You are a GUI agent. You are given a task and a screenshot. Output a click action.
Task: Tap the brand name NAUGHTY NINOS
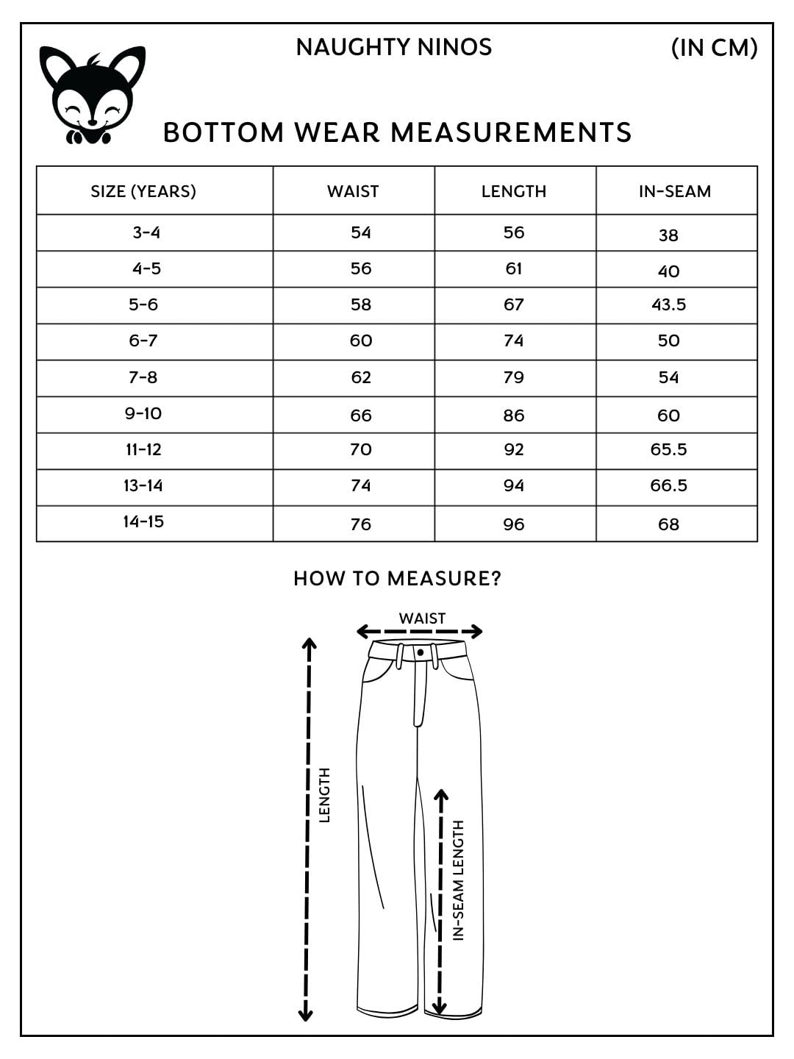point(393,47)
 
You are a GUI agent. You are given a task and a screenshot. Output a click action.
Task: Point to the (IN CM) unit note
point(714,48)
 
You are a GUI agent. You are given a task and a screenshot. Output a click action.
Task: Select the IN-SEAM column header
point(675,191)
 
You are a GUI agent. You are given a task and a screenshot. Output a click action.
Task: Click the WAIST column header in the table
point(353,191)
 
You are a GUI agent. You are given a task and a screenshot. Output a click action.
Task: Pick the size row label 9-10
point(143,413)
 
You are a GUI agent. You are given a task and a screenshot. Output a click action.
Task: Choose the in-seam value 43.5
point(668,304)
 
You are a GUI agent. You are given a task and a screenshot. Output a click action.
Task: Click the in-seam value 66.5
point(668,485)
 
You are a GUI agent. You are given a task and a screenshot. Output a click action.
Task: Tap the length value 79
point(514,377)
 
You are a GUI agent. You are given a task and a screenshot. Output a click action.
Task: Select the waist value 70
point(361,449)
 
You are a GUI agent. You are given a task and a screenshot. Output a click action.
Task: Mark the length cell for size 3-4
point(514,232)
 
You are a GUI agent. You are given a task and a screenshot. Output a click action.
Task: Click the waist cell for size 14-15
point(361,524)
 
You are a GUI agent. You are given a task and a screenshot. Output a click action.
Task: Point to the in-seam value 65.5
point(668,449)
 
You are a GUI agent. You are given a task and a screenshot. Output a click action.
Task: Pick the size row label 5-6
point(143,304)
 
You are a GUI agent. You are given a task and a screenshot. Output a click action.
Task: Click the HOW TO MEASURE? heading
point(397,579)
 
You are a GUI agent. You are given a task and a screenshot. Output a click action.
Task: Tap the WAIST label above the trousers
point(422,618)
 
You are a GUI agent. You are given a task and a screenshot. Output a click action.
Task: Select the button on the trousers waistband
point(421,652)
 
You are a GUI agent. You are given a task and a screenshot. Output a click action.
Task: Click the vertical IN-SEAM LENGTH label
point(459,880)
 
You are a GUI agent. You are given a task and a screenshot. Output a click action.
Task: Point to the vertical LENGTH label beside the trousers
point(324,795)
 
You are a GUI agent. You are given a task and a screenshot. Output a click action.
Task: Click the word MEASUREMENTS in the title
point(511,133)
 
